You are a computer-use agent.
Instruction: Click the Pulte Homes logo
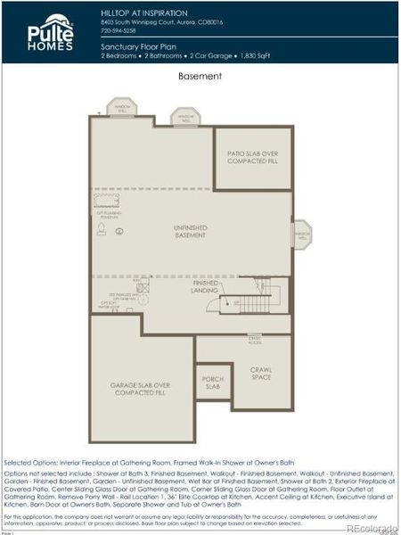click(x=50, y=32)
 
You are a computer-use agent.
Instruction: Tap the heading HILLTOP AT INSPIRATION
click(x=144, y=13)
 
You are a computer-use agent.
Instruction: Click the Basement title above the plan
click(x=200, y=77)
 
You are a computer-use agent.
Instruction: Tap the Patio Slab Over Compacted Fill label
click(x=253, y=157)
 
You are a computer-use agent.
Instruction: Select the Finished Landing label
click(x=204, y=287)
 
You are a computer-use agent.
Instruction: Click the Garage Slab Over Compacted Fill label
click(x=141, y=389)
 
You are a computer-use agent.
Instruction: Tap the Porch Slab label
click(x=212, y=383)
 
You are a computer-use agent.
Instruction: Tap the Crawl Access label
click(x=256, y=340)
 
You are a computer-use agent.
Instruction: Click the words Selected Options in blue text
click(x=29, y=464)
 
